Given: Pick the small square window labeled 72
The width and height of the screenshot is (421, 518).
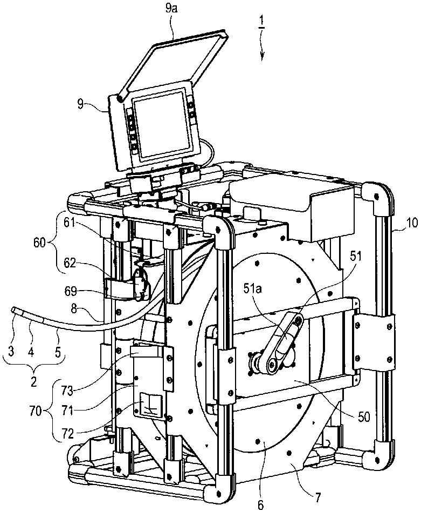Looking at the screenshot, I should tap(151, 405).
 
